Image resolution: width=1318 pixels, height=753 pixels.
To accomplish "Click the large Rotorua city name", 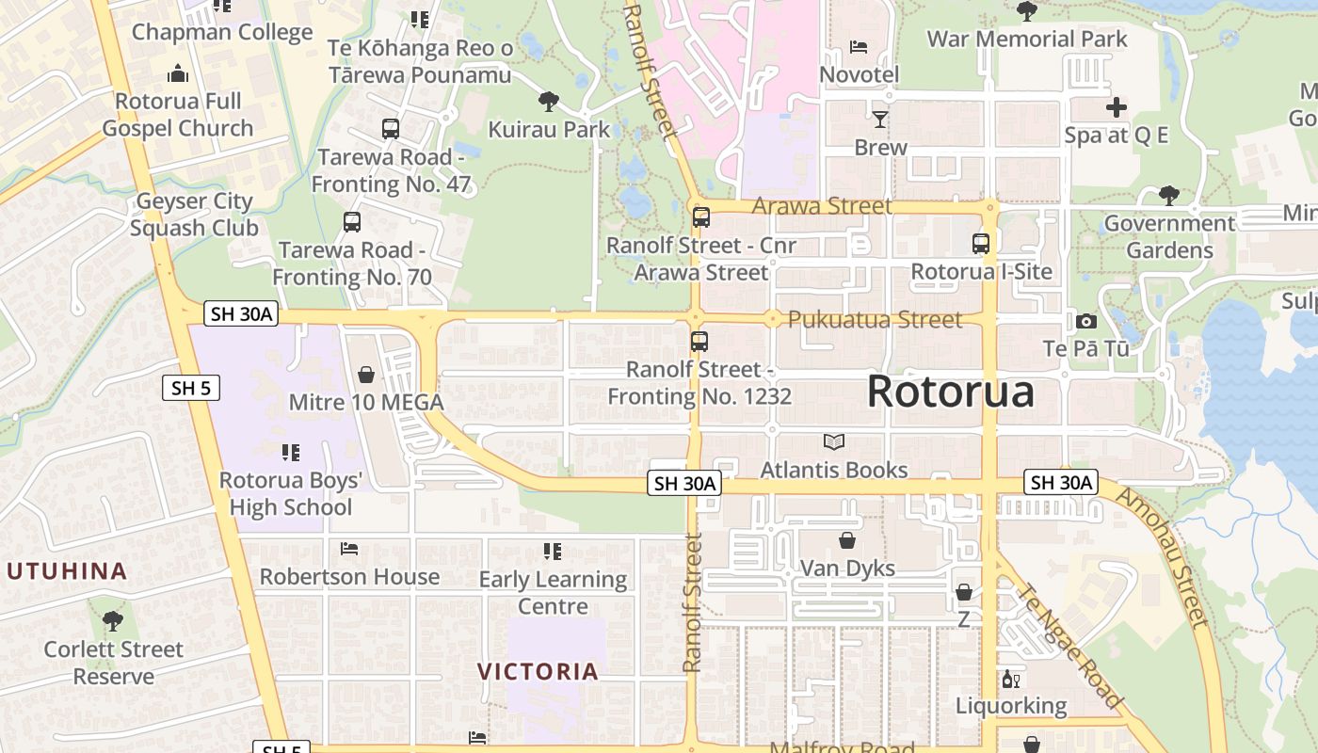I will [950, 391].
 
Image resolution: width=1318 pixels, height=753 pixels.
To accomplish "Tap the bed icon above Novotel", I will [859, 46].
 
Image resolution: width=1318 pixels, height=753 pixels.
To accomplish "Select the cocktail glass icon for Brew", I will [880, 119].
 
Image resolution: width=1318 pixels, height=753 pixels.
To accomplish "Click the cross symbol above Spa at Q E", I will [1116, 107].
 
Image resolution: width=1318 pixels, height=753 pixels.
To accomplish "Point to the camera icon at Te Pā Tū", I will [1085, 321].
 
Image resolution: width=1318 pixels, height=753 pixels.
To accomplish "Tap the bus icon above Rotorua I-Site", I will [981, 244].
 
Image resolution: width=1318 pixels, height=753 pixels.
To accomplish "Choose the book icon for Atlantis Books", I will [833, 441].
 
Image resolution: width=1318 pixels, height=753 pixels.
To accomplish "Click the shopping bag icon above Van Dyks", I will [847, 540].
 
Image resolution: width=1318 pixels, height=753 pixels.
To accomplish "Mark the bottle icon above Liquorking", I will [1011, 679].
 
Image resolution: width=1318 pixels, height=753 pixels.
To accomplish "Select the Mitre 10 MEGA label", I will [366, 403].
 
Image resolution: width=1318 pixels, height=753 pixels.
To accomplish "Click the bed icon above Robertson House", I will [349, 549].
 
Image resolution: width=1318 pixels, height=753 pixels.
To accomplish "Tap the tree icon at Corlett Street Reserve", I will [113, 621].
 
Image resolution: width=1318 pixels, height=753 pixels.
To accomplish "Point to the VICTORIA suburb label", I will [538, 671].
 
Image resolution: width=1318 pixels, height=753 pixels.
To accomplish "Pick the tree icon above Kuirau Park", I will [549, 102].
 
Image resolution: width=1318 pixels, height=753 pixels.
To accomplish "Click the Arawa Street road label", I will [822, 205].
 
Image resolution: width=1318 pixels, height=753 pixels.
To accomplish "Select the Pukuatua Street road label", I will [875, 320].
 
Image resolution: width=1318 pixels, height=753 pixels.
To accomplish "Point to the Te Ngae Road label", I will [1071, 647].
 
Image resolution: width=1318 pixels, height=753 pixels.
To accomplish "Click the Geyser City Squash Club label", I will [194, 215].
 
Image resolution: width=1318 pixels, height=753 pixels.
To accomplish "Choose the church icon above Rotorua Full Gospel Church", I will [178, 73].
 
